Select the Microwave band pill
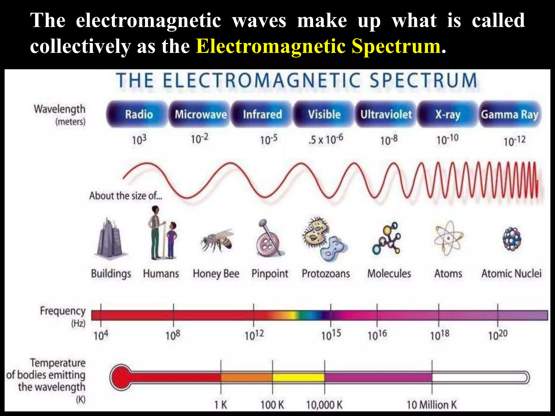tap(200, 114)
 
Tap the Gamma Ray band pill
tap(510, 114)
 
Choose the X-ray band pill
tap(448, 114)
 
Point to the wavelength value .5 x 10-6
tap(325, 139)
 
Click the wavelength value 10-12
tap(514, 141)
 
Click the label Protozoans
tap(326, 274)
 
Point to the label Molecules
tap(389, 274)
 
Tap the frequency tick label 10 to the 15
tap(331, 335)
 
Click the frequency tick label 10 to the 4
tap(101, 336)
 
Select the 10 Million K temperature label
tap(431, 405)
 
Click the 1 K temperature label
tap(221, 405)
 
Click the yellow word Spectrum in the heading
tap(396, 46)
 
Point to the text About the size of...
tap(125, 196)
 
